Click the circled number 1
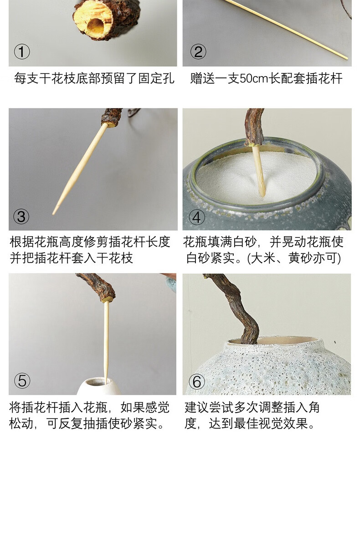click(x=22, y=52)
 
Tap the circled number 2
click(x=198, y=52)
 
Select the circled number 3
click(x=21, y=217)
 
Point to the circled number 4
click(x=196, y=217)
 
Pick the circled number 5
click(x=22, y=381)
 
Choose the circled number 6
click(x=197, y=382)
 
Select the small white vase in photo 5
click(x=99, y=386)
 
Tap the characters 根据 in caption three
click(x=22, y=242)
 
